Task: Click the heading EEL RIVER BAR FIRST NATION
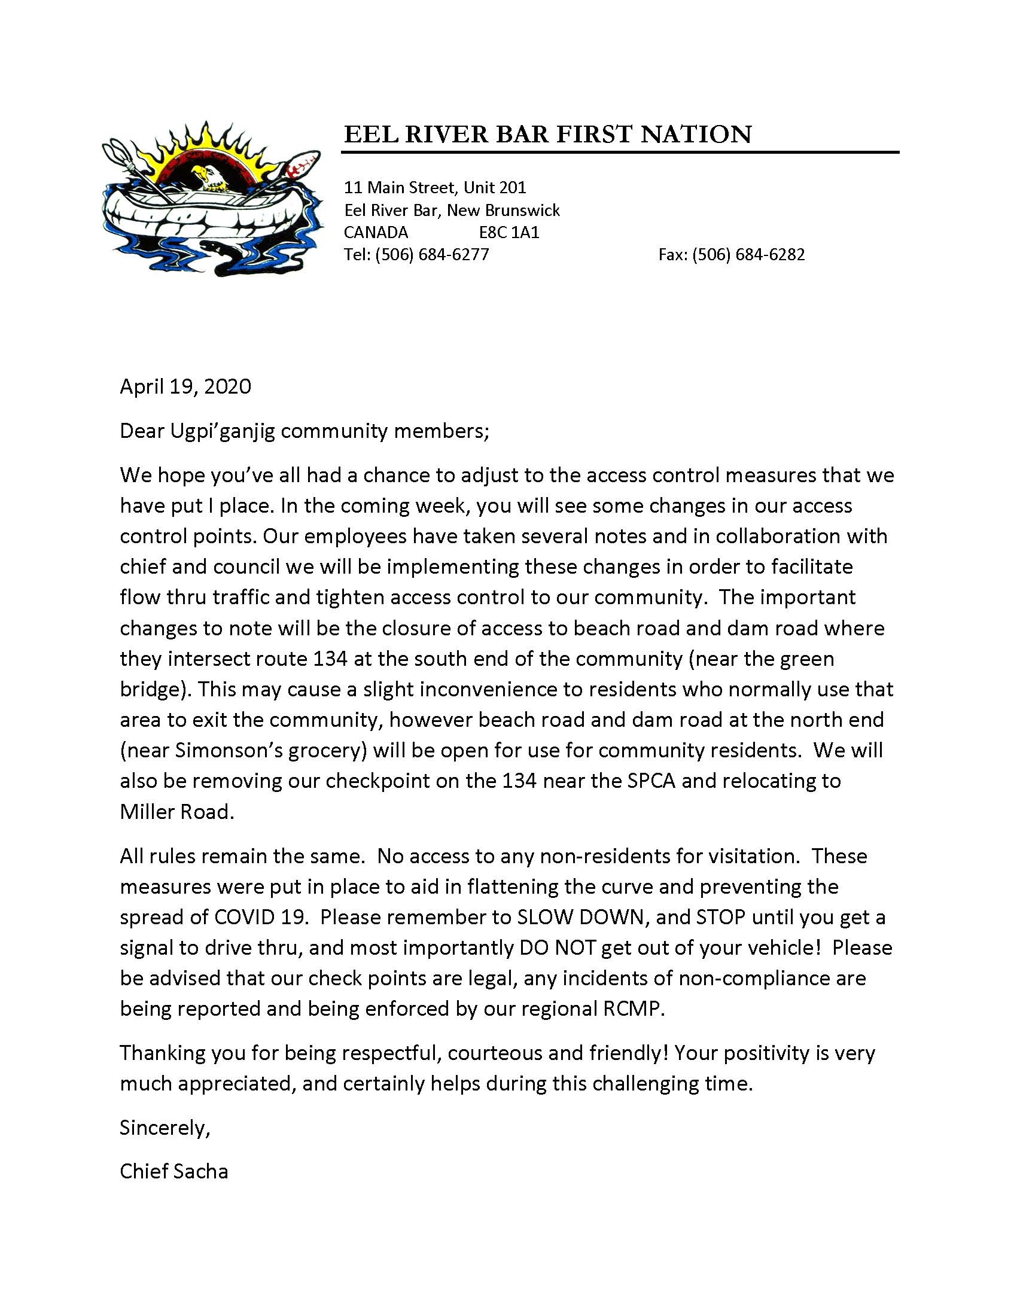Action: tap(547, 134)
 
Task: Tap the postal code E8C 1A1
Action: tap(509, 232)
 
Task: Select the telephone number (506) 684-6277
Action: tap(432, 254)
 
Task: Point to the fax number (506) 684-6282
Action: tap(748, 254)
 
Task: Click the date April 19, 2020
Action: tap(185, 386)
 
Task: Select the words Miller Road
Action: tap(176, 812)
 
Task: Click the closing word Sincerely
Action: tap(164, 1128)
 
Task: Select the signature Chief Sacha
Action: tap(173, 1171)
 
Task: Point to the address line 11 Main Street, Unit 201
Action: tap(435, 187)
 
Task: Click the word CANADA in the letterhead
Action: tap(375, 232)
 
